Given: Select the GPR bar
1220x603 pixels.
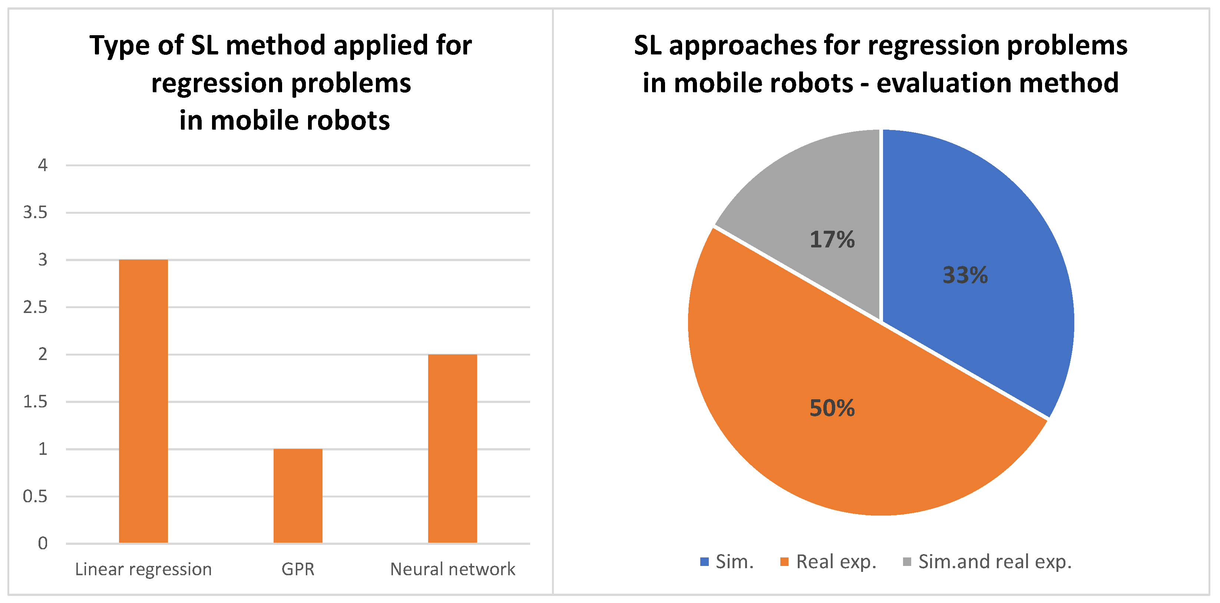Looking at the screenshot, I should pyautogui.click(x=298, y=496).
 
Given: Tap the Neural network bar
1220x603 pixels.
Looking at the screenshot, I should pyautogui.click(x=452, y=448).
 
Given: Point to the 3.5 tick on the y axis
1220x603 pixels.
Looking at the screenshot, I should pyautogui.click(x=36, y=213).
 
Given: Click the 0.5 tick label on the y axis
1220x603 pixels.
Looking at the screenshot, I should pyautogui.click(x=36, y=496).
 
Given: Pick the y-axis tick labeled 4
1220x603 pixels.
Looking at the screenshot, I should pyautogui.click(x=43, y=165).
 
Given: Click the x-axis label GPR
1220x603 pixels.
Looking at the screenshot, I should pyautogui.click(x=298, y=569).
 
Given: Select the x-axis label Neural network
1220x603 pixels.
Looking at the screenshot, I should pyautogui.click(x=452, y=569).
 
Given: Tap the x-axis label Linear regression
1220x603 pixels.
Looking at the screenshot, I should pyautogui.click(x=143, y=569).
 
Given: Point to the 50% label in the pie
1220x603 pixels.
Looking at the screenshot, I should pyautogui.click(x=832, y=408).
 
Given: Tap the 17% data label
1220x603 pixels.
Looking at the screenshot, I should pyautogui.click(x=832, y=240).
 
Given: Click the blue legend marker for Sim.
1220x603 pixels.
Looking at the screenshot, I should pyautogui.click(x=704, y=562).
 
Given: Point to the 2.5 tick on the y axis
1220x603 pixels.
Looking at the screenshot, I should pyautogui.click(x=36, y=307).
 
